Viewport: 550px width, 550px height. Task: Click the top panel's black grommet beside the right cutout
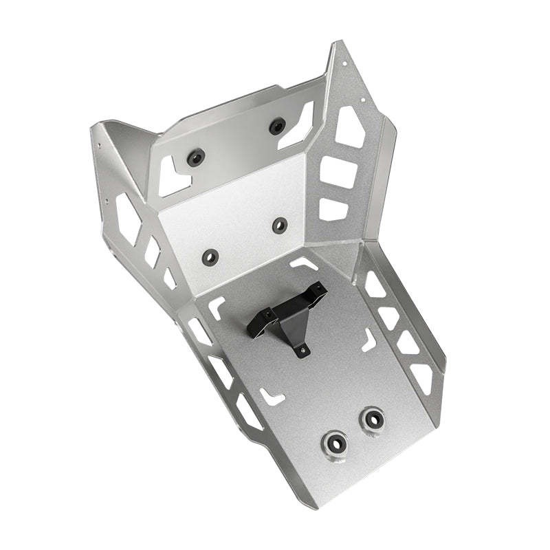[x=277, y=126]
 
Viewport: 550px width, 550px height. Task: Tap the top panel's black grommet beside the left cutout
[x=196, y=157]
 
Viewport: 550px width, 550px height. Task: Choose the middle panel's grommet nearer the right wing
[x=280, y=225]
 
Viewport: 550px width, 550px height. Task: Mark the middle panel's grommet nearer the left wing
[x=210, y=256]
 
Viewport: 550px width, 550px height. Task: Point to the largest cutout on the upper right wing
[x=349, y=126]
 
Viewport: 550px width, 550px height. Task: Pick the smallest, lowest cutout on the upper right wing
[x=332, y=208]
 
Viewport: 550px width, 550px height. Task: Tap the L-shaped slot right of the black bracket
[x=369, y=338]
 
